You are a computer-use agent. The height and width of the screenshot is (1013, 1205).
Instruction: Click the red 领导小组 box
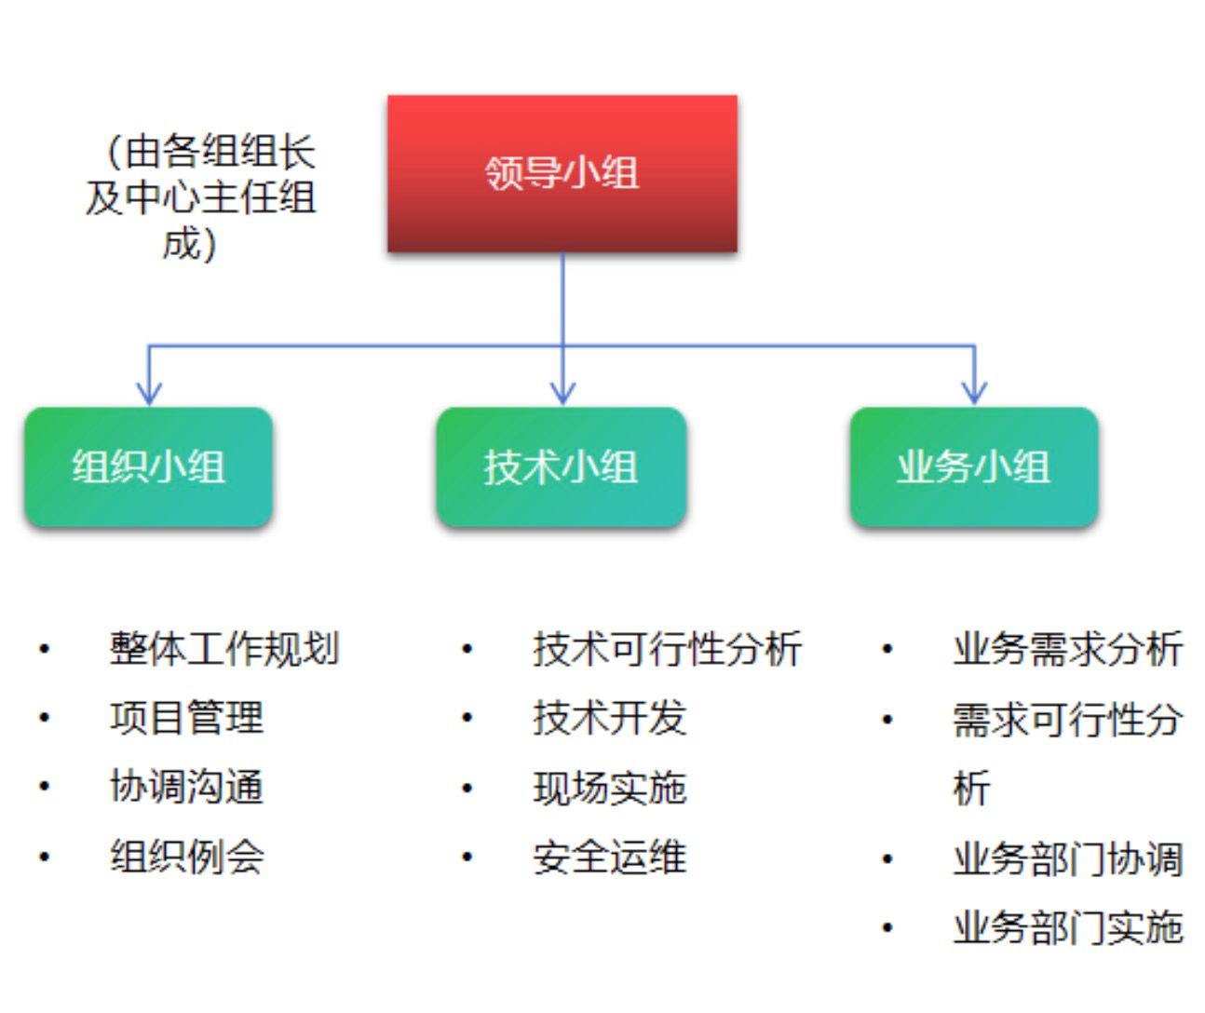pyautogui.click(x=562, y=173)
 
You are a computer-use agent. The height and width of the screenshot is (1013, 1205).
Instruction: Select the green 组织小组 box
pyautogui.click(x=148, y=467)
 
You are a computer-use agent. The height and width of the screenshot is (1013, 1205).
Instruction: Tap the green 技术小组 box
pyautogui.click(x=562, y=467)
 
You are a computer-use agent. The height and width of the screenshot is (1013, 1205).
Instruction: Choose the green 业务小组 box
pyautogui.click(x=974, y=467)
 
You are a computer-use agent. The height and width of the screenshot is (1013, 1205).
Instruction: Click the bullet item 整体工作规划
pyautogui.click(x=223, y=649)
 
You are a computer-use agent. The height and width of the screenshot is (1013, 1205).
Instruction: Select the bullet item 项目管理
pyautogui.click(x=186, y=718)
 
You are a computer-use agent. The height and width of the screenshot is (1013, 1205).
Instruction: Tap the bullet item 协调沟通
pyautogui.click(x=186, y=787)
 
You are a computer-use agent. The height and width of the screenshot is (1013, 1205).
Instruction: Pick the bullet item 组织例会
pyautogui.click(x=186, y=857)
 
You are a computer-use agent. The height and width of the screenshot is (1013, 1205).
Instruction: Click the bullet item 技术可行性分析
pyautogui.click(x=667, y=649)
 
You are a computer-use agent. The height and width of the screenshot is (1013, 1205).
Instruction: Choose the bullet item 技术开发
pyautogui.click(x=609, y=718)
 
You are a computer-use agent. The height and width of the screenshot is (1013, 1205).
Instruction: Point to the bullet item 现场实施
pyautogui.click(x=609, y=788)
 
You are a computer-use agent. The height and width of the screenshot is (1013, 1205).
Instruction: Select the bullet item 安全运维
pyautogui.click(x=609, y=857)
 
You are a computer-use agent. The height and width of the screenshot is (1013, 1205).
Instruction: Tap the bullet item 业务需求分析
pyautogui.click(x=1068, y=649)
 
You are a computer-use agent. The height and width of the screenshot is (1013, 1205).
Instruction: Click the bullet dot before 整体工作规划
pyautogui.click(x=45, y=649)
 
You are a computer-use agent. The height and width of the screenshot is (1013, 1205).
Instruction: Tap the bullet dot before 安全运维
pyautogui.click(x=467, y=857)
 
